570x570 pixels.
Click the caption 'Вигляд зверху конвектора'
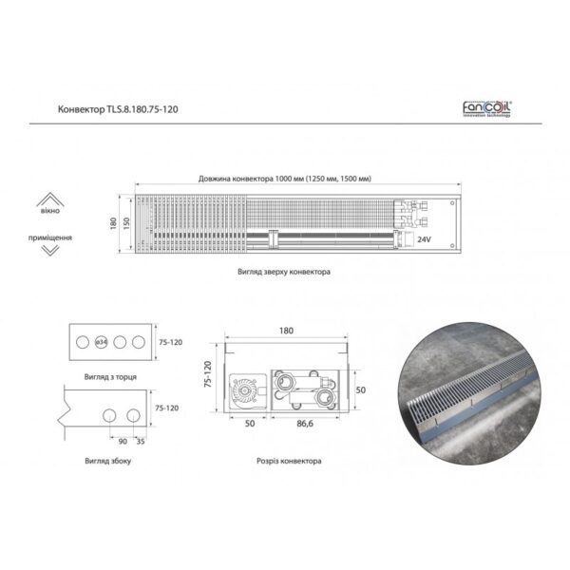(284, 273)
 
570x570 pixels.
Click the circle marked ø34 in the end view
(102, 340)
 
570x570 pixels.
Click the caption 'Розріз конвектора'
(288, 460)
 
